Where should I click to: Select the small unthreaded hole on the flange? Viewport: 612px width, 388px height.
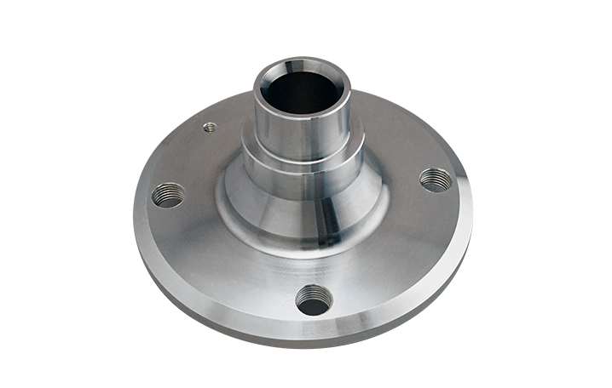click(208, 128)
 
